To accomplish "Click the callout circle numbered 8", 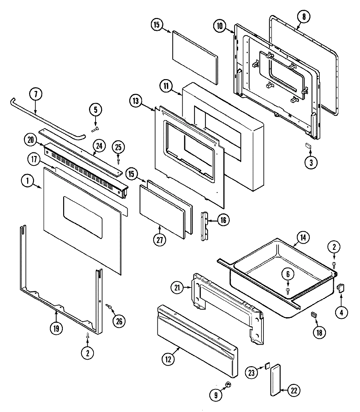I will coord(304,17).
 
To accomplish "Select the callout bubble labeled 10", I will coord(220,26).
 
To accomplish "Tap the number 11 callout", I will coord(166,86).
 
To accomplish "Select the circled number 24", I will coord(99,146).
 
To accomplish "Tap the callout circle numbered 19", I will coord(56,329).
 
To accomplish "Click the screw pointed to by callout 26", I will coord(109,306).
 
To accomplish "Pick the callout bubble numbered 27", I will coord(160,239).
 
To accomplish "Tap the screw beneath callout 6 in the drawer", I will coord(288,290).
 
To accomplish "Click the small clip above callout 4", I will coord(340,287).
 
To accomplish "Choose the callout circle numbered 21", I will coord(178,288).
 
